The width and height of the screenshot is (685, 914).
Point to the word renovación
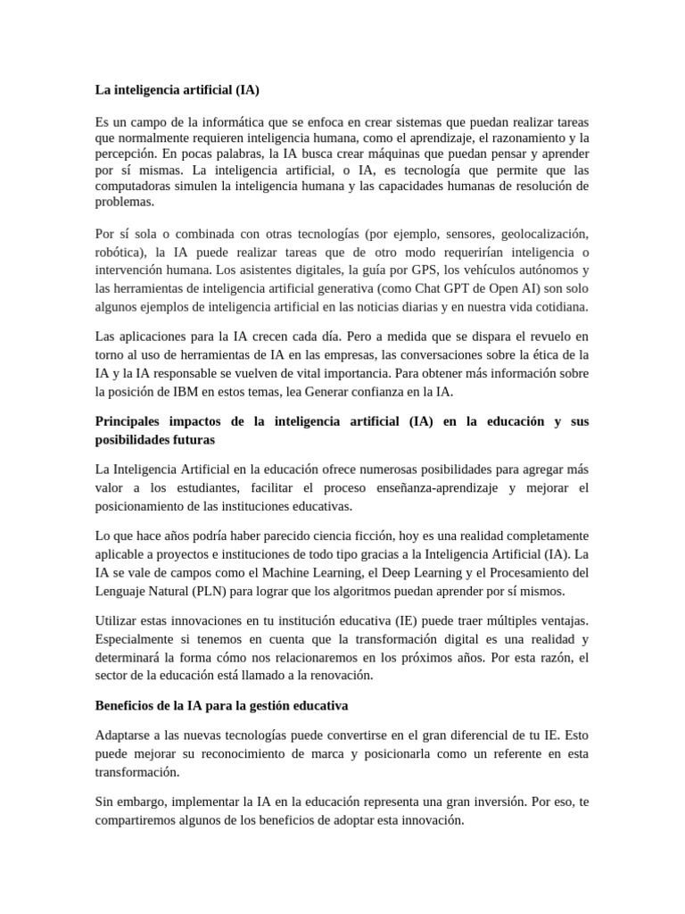tap(340, 675)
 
